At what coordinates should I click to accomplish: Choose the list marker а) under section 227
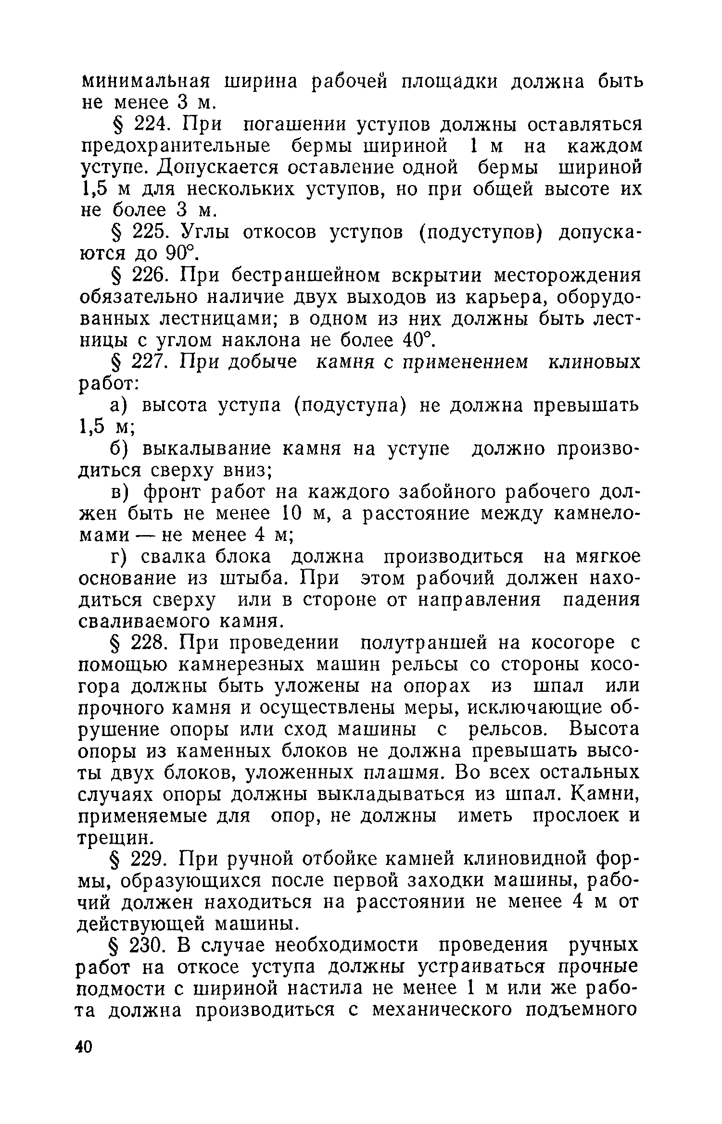(x=118, y=406)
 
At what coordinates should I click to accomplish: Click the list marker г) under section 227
(x=118, y=557)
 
